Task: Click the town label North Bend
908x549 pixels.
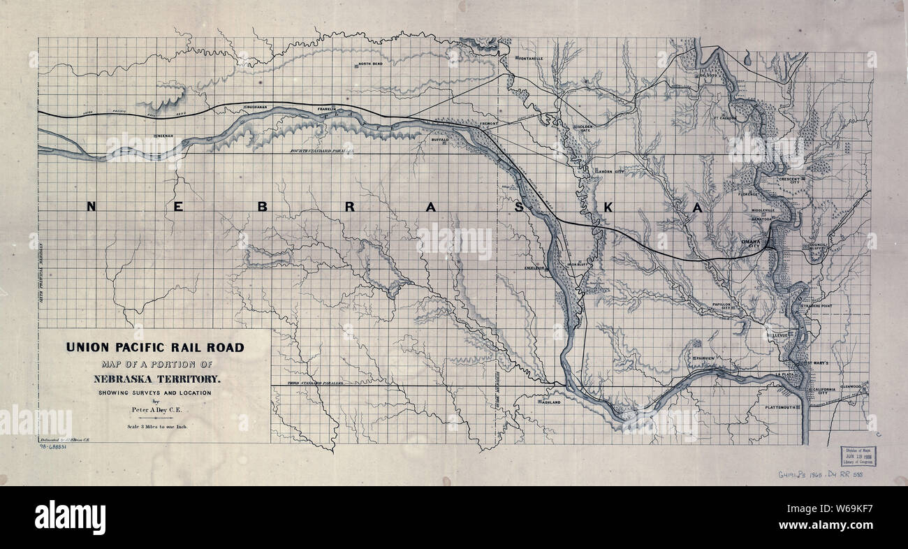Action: [x=370, y=64]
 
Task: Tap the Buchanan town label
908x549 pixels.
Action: [x=256, y=107]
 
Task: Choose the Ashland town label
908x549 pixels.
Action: [x=550, y=402]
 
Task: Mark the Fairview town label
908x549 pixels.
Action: [x=704, y=358]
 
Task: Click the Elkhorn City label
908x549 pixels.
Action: [x=608, y=170]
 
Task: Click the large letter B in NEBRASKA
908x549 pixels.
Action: [x=263, y=207]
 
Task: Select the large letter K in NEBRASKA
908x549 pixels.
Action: [x=608, y=207]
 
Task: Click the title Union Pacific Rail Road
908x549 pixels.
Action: [x=155, y=347]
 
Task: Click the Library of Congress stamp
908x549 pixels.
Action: [x=860, y=456]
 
